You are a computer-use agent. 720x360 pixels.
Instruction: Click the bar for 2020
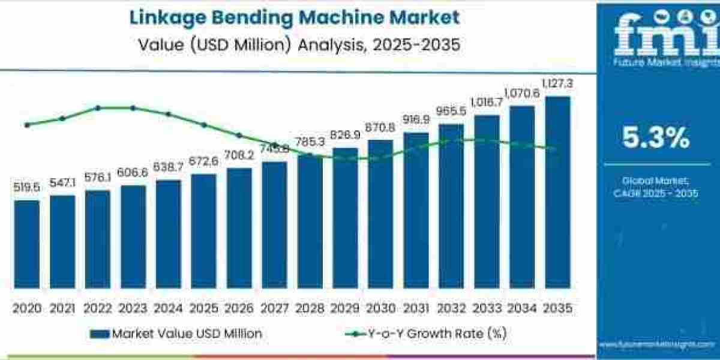click(27, 244)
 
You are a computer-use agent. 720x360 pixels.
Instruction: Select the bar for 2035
click(557, 192)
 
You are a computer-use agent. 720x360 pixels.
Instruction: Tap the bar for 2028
click(310, 221)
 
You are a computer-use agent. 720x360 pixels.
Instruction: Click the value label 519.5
click(27, 188)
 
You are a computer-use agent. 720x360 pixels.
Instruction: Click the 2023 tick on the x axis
click(133, 308)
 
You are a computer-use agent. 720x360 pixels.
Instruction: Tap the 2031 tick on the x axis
click(416, 308)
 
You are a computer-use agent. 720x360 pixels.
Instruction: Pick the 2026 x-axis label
click(239, 308)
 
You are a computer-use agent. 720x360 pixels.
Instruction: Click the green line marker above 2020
click(27, 125)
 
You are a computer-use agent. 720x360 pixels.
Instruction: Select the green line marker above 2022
click(98, 108)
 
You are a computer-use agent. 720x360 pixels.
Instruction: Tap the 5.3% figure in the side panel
click(655, 139)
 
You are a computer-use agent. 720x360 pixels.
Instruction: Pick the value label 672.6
click(203, 163)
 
